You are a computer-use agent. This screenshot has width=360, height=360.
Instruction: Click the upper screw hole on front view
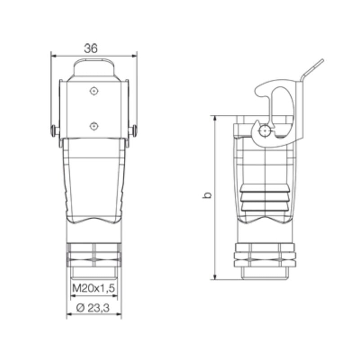pos(93,91)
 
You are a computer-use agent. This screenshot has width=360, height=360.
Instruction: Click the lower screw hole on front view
pos(93,126)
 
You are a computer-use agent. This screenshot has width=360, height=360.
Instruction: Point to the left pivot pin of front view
pos(54,131)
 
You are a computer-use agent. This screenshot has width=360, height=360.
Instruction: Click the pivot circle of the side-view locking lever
pos(265,131)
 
